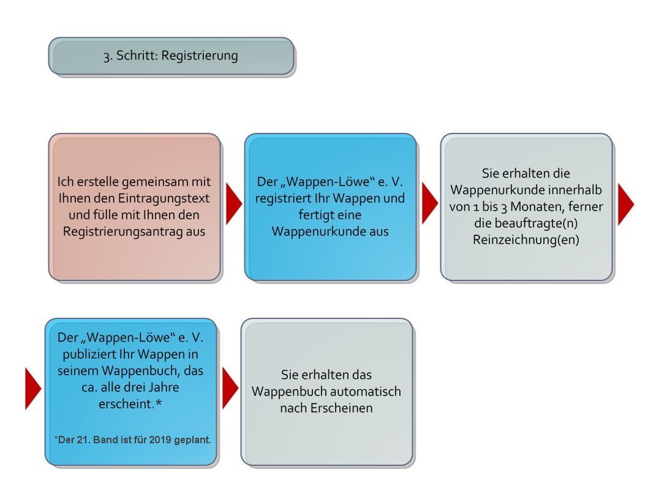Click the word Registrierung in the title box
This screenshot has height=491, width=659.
point(200,56)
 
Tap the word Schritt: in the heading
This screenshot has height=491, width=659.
point(137,55)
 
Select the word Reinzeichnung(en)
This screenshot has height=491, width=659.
point(525,240)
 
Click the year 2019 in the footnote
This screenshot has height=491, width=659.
point(160,440)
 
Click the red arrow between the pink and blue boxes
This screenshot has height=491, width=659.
point(233,204)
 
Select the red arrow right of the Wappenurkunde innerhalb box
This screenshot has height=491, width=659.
point(625,204)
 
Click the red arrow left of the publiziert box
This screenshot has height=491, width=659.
point(33,389)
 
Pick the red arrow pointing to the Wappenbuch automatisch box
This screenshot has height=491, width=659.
point(230,388)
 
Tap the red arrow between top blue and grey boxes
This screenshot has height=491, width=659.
point(429,204)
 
